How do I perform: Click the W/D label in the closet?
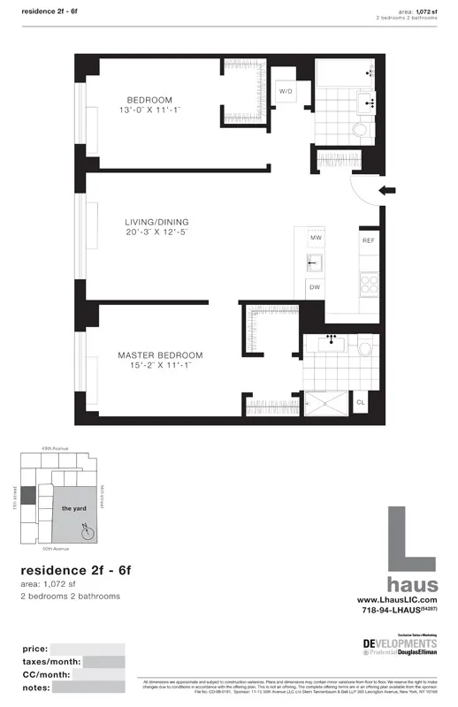point(286,91)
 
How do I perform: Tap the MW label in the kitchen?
point(315,239)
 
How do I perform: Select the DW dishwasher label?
point(314,286)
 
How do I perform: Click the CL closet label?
point(360,402)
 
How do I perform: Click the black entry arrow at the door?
point(385,190)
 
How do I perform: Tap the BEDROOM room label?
point(149,100)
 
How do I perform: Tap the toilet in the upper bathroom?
point(360,130)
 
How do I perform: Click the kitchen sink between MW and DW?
point(314,262)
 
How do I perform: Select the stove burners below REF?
point(368,283)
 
